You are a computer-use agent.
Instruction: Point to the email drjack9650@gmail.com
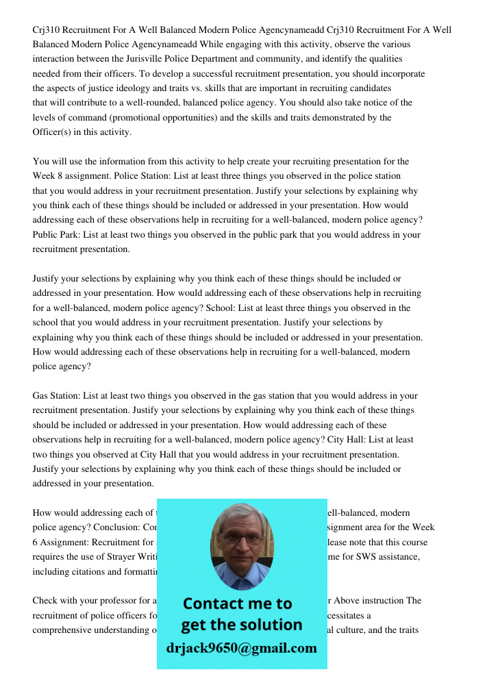tap(241, 648)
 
